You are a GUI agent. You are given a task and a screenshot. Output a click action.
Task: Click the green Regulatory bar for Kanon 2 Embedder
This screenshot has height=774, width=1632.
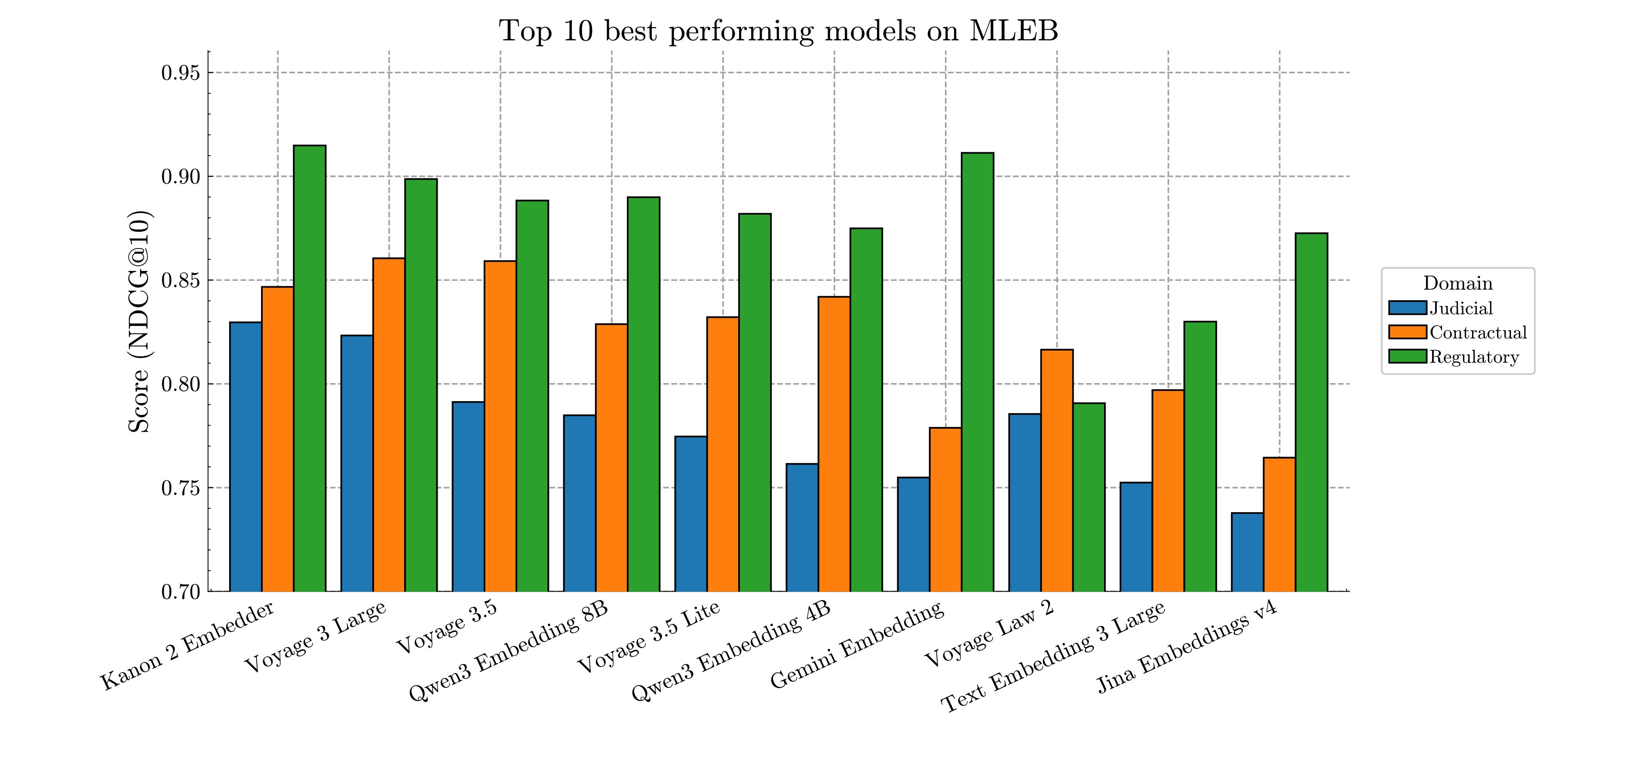point(310,368)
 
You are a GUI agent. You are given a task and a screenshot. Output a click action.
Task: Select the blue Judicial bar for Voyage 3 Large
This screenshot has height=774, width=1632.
point(357,463)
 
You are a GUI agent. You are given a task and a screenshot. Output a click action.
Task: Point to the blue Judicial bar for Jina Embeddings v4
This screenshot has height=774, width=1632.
point(1248,552)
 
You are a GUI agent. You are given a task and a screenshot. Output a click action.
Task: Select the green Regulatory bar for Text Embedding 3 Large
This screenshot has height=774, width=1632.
point(1200,456)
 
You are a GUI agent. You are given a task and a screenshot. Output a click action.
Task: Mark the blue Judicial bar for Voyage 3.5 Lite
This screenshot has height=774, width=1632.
point(690,513)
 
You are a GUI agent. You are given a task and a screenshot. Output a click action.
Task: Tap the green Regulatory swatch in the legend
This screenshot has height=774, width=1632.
point(1407,356)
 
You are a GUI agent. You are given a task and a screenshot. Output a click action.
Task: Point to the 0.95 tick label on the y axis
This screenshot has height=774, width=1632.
point(181,73)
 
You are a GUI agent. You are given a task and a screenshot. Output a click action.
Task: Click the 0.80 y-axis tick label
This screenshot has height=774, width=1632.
point(181,384)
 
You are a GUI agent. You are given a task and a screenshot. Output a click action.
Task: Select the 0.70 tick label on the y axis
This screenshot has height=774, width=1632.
point(181,592)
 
